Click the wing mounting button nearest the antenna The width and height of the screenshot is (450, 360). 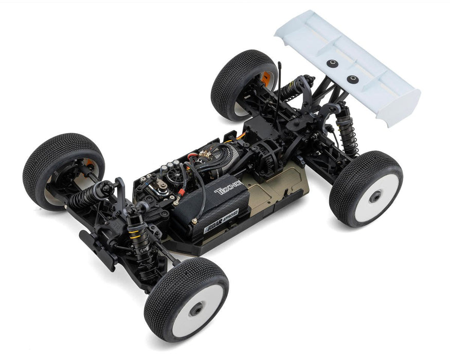point(331,63)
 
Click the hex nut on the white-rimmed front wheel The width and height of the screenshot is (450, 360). point(196,309)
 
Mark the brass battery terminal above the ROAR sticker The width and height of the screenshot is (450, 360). point(194,220)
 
